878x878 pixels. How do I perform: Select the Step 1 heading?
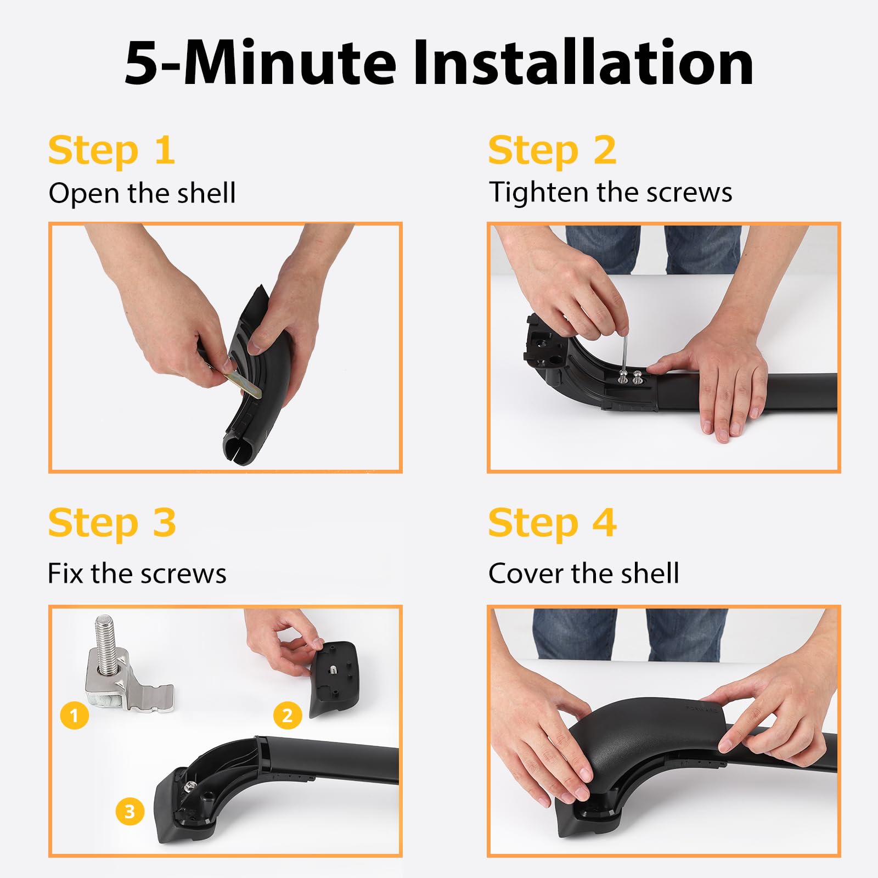click(x=111, y=150)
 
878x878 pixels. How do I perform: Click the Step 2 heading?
click(x=552, y=150)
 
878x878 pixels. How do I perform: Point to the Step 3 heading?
click(x=112, y=523)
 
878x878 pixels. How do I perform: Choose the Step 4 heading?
click(x=552, y=523)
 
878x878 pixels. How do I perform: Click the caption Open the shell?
click(x=142, y=193)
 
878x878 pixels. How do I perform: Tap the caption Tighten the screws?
click(x=610, y=192)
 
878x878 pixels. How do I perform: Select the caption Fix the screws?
click(x=137, y=573)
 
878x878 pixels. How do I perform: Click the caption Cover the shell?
click(x=584, y=573)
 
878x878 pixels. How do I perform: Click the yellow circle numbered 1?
click(x=75, y=715)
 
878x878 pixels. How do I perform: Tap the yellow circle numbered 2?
click(x=288, y=715)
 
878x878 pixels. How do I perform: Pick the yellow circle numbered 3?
click(x=130, y=812)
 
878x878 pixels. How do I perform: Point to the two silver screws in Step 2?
click(x=630, y=378)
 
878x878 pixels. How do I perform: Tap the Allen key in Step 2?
click(x=624, y=351)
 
